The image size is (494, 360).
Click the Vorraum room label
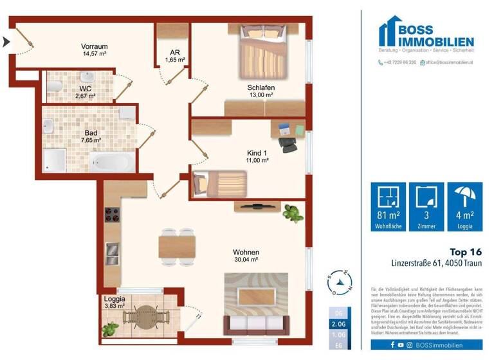tap(94, 46)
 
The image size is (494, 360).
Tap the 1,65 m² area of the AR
tap(174, 60)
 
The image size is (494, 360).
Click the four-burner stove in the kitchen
tap(111, 216)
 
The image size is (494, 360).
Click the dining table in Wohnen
tap(178, 246)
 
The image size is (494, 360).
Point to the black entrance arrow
tap(6, 42)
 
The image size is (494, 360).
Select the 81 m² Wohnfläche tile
tap(388, 206)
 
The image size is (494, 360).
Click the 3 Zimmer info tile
tap(427, 206)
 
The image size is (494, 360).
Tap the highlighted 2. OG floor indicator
tap(338, 325)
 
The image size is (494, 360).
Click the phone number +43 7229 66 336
tap(400, 62)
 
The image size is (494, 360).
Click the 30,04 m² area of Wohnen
tap(246, 260)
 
